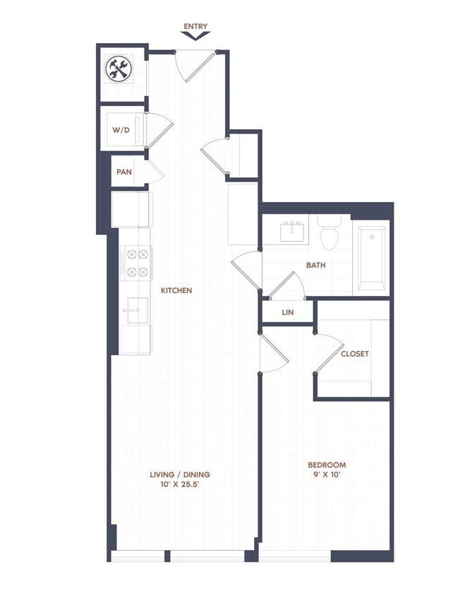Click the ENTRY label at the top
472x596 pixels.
[x=195, y=27]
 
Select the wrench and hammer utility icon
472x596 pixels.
[x=118, y=68]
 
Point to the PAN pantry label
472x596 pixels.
[x=124, y=172]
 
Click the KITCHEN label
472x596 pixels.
[x=176, y=290]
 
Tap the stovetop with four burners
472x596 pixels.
[x=136, y=262]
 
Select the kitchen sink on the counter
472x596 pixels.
[x=135, y=309]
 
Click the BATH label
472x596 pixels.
[x=315, y=266]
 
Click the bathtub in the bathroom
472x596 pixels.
[x=371, y=258]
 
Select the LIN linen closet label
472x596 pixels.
[x=287, y=311]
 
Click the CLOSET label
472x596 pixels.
[x=354, y=354]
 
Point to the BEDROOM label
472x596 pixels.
[x=327, y=465]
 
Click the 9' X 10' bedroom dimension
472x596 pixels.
[x=327, y=475]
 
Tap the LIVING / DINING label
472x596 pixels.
[x=179, y=475]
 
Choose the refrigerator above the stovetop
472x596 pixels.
[x=131, y=209]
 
